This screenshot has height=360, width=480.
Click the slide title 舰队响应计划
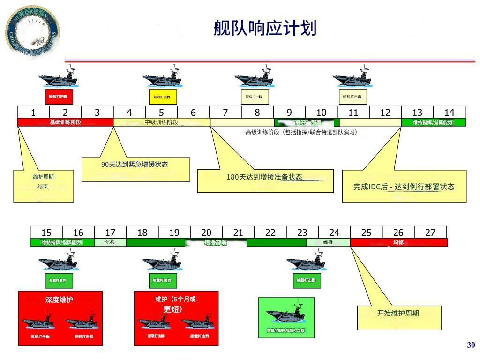click(x=265, y=28)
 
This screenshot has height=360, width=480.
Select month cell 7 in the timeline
click(x=225, y=112)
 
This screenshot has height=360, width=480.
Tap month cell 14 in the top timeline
click(x=450, y=112)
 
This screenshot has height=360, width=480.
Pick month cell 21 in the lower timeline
click(x=238, y=232)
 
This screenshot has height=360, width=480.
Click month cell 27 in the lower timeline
click(x=430, y=232)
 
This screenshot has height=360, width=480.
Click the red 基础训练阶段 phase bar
click(x=65, y=122)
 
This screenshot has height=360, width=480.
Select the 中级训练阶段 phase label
click(x=161, y=122)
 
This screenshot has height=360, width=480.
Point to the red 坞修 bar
click(x=398, y=242)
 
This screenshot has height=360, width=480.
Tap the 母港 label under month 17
click(x=110, y=242)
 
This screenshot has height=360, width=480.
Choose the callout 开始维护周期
click(x=398, y=314)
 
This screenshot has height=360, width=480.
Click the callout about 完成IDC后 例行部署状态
click(x=404, y=187)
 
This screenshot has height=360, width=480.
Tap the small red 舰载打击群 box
click(x=59, y=97)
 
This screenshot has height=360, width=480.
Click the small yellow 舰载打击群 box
click(x=163, y=97)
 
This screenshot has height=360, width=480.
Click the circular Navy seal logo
click(x=32, y=30)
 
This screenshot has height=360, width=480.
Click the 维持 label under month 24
click(x=328, y=242)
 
